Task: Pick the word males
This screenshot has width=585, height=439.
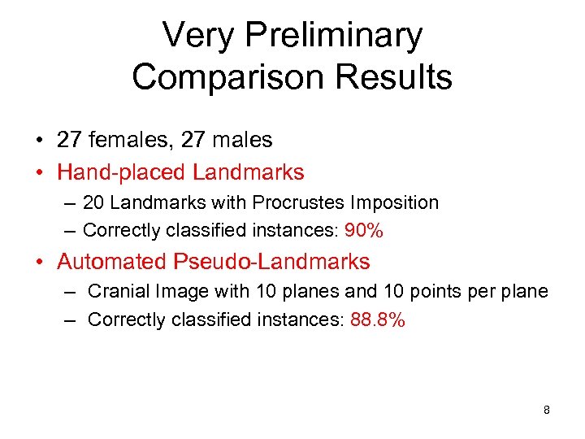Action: pos(241,140)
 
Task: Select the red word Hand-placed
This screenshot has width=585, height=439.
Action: pos(121,172)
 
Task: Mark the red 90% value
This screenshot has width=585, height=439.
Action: pos(364,231)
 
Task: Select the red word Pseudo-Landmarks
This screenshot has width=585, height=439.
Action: pos(271,262)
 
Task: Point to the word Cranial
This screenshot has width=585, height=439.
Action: pos(118,291)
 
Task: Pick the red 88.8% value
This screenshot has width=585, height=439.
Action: pos(378,320)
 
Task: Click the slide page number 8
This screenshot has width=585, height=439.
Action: pos(546,410)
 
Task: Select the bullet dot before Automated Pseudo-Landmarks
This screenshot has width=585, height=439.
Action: pos(39,263)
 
